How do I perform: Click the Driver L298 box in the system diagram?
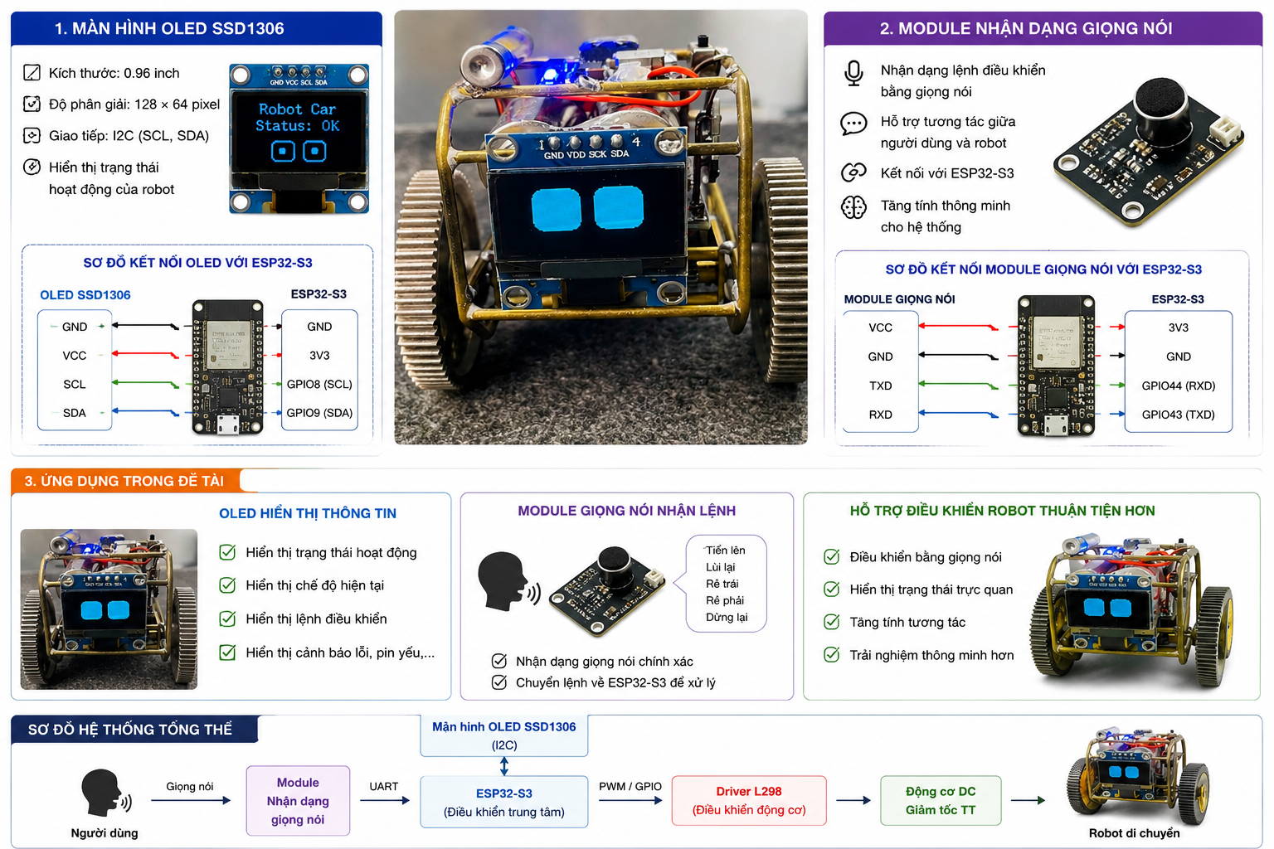point(748,800)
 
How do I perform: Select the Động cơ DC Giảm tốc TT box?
point(940,800)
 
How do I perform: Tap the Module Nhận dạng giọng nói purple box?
point(298,801)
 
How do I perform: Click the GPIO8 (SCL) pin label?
point(319,385)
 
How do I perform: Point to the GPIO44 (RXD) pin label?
point(1178,386)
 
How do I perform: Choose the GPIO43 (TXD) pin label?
point(1178,415)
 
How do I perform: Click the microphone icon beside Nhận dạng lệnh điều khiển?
point(853,73)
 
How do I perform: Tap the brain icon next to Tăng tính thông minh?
point(853,207)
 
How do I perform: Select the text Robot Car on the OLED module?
point(297,109)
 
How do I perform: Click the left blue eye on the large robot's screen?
point(556,210)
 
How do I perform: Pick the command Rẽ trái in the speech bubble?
point(722,584)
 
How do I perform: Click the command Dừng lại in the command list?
point(727,617)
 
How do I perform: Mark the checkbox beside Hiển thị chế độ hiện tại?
point(227,585)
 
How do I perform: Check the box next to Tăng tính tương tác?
point(832,622)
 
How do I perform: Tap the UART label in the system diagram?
point(383,787)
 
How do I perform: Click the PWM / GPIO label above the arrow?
point(630,787)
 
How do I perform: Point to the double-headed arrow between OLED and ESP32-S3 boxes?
point(504,766)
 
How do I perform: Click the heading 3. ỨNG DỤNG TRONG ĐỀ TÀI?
point(124,481)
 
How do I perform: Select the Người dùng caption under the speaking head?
point(104,833)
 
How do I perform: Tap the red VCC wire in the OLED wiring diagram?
point(146,354)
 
